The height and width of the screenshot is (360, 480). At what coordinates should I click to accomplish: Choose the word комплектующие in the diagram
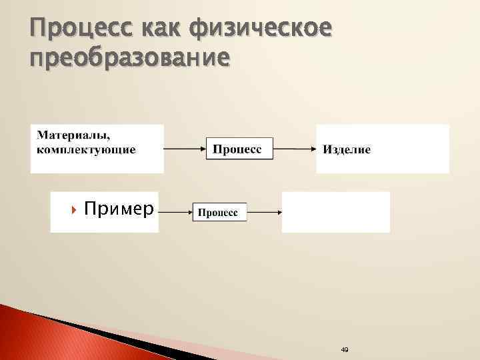86,149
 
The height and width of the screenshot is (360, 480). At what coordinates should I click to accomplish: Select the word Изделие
347,149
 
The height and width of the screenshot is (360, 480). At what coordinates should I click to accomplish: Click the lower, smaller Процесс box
219,212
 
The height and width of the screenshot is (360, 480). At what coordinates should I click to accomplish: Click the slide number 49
344,349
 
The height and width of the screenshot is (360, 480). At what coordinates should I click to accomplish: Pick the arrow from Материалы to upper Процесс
185,148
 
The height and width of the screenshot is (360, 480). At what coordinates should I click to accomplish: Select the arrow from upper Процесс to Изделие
295,148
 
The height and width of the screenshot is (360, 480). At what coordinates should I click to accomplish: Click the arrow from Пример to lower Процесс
174,212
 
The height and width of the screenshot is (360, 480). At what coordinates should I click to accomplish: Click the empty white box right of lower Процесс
335,212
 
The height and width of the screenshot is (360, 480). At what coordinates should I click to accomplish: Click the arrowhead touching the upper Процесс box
203,148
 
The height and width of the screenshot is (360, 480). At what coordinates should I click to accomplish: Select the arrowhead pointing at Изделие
313,148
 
